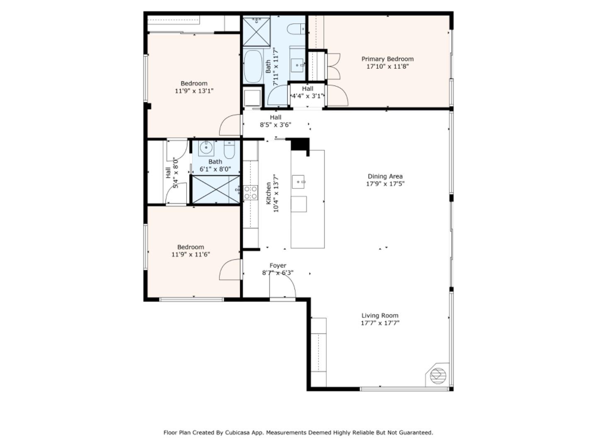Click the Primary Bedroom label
[x=387, y=59]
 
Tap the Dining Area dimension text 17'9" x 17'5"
[x=385, y=184]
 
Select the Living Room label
[x=380, y=315]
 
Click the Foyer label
[x=278, y=265]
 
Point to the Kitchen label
[x=268, y=193]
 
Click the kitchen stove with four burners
[x=250, y=192]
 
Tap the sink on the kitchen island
[x=298, y=181]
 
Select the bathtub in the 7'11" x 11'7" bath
[x=252, y=66]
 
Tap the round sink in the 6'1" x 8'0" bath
[x=206, y=147]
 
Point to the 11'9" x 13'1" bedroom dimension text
[x=194, y=91]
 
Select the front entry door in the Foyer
[x=282, y=286]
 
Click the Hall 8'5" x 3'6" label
[x=275, y=117]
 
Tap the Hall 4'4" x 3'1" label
[x=308, y=89]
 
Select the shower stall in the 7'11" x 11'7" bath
[x=256, y=31]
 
